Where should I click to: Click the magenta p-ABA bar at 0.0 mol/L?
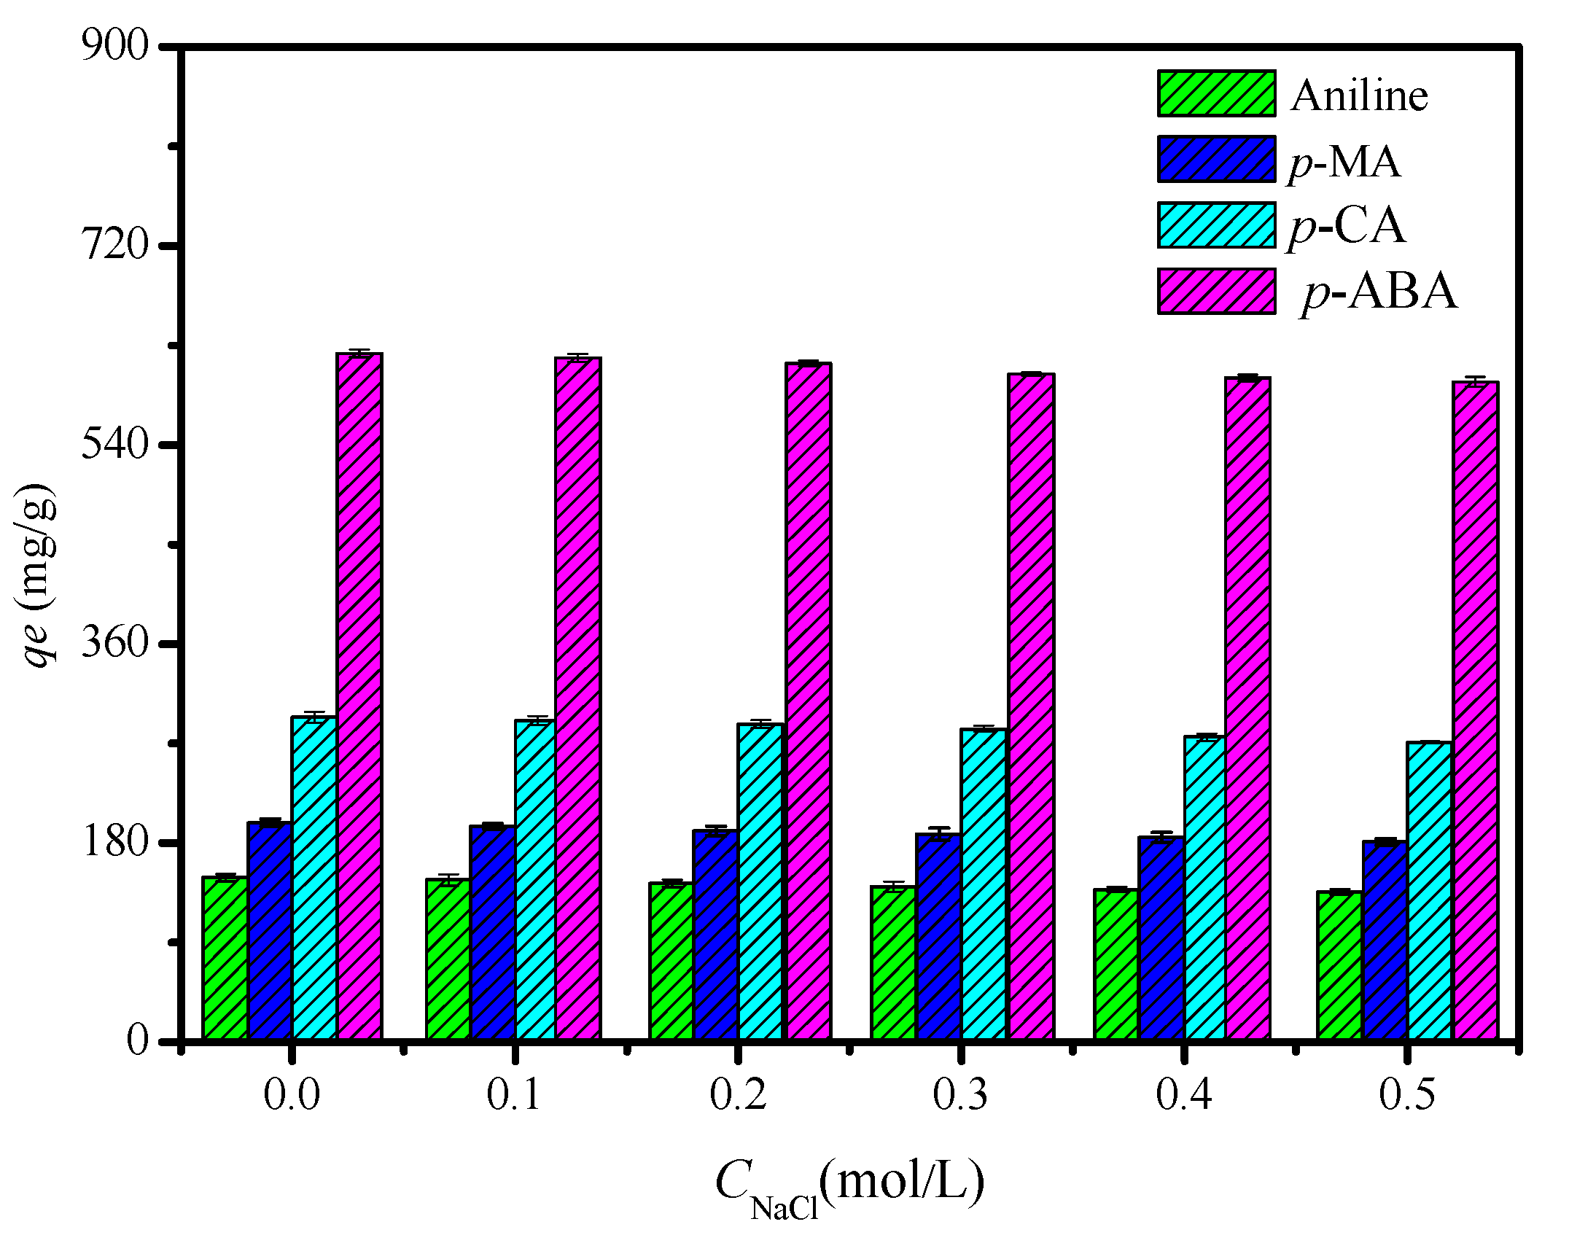[x=359, y=696]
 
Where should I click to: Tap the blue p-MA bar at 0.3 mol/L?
[x=938, y=936]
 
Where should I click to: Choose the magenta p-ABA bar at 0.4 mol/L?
[x=1247, y=707]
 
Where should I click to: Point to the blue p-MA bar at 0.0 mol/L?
[x=270, y=930]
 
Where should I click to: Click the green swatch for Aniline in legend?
[x=1216, y=93]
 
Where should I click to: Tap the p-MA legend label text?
[x=1344, y=161]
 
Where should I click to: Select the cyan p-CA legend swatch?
[x=1216, y=225]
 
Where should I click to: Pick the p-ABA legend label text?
[x=1379, y=292]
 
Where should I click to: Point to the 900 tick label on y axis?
[x=114, y=46]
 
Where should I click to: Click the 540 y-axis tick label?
[x=114, y=443]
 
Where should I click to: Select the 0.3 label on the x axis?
[x=960, y=1094]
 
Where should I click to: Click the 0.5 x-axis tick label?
[x=1406, y=1094]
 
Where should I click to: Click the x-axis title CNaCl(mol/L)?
[x=849, y=1185]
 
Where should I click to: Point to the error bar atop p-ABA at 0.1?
[x=577, y=357]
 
